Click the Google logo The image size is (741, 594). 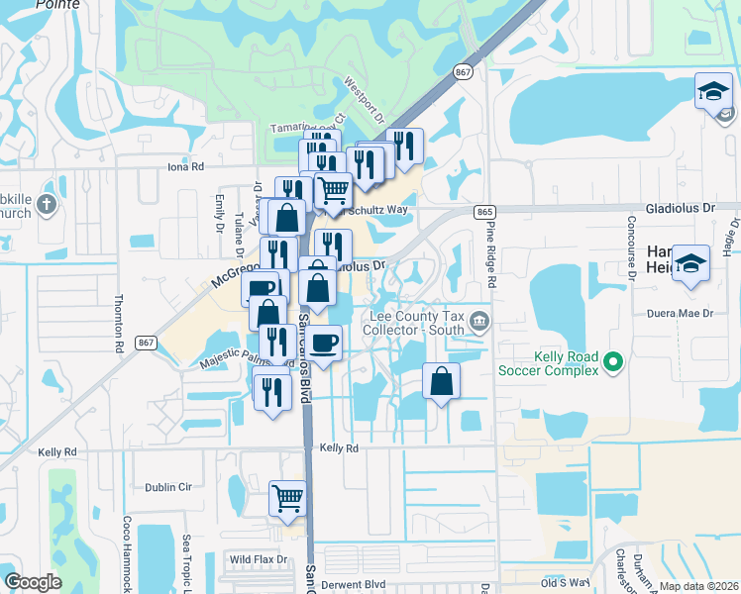point(33,582)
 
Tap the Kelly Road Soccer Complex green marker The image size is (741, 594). point(613,363)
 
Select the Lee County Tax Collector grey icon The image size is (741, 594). point(480,320)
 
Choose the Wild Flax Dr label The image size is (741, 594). point(258,559)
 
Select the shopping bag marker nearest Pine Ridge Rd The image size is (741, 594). point(441,380)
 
